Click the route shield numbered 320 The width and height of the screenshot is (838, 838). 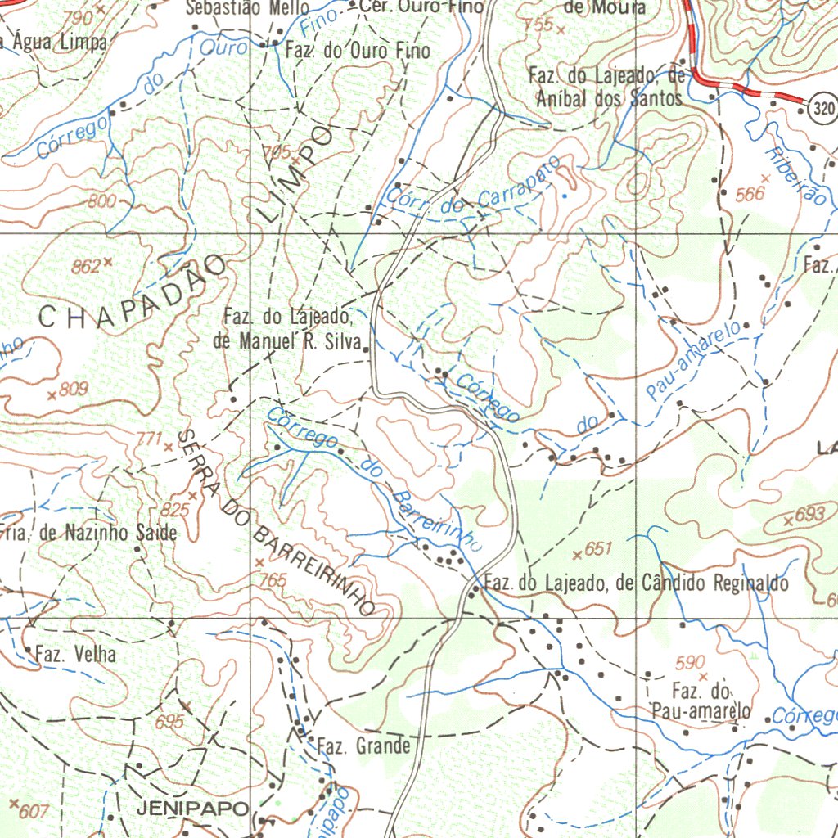pyautogui.click(x=824, y=108)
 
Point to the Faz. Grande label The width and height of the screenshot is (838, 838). pyautogui.click(x=363, y=746)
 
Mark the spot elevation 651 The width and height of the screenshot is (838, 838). pyautogui.click(x=598, y=551)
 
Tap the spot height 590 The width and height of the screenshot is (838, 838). pyautogui.click(x=690, y=662)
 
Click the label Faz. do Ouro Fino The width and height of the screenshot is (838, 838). pyautogui.click(x=358, y=51)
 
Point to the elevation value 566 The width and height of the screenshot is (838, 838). pyautogui.click(x=749, y=194)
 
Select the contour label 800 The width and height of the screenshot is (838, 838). pyautogui.click(x=101, y=202)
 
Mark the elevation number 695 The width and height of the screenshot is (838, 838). pyautogui.click(x=169, y=722)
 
